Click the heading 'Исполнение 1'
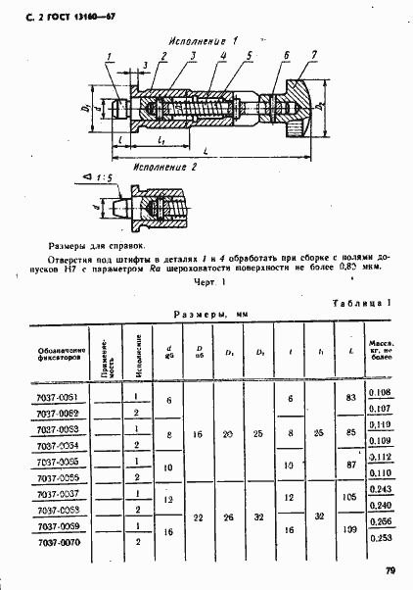tap(204, 42)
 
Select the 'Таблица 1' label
tap(362, 304)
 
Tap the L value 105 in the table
tap(349, 498)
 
